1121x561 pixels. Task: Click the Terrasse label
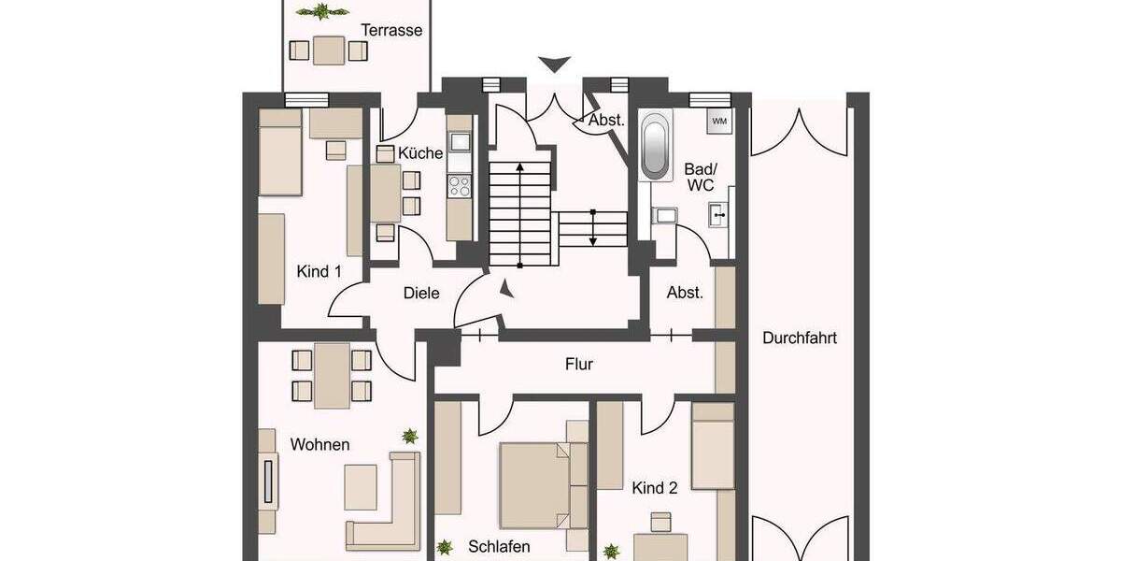click(392, 30)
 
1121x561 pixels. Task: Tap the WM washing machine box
click(719, 121)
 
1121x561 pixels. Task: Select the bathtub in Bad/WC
click(656, 147)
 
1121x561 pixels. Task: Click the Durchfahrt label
click(799, 338)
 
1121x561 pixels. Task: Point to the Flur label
click(578, 365)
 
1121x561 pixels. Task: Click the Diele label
click(421, 293)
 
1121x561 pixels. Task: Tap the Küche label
click(420, 153)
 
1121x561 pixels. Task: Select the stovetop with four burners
click(460, 186)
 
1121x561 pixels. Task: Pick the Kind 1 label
click(319, 271)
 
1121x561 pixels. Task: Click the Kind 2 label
click(654, 487)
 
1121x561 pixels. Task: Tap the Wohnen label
click(319, 444)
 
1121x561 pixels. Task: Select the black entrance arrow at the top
click(555, 65)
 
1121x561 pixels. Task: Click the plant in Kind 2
click(612, 551)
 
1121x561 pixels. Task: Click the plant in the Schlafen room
click(446, 547)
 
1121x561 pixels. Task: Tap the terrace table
click(328, 49)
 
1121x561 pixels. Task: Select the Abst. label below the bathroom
click(684, 293)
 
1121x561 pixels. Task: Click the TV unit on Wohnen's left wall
click(268, 481)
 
